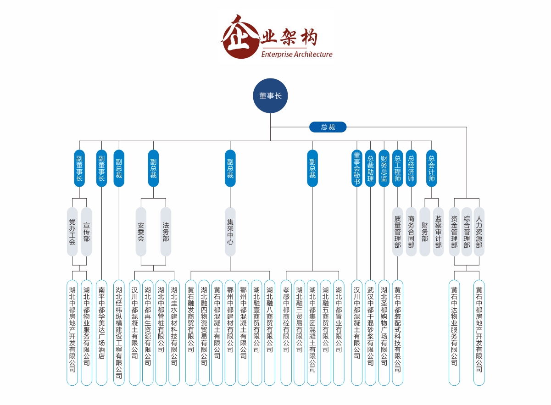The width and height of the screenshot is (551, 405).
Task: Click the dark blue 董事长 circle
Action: (270, 96)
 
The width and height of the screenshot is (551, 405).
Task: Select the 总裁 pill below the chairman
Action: (328, 127)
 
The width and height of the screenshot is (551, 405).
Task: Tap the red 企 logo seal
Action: (239, 38)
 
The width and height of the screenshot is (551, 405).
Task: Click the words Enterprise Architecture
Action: (296, 54)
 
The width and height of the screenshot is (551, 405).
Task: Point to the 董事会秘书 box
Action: (356, 168)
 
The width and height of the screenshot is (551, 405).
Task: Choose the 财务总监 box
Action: (384, 168)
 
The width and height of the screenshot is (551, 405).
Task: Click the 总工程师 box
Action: (398, 168)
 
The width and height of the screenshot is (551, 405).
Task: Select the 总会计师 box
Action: (431, 168)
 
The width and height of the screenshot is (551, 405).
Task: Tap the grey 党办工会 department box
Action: (72, 232)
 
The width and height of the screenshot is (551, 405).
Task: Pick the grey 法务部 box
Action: (166, 232)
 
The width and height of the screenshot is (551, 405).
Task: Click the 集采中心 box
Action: (230, 232)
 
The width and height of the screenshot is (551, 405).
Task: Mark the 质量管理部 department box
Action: (398, 232)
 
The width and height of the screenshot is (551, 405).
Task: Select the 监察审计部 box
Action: (438, 232)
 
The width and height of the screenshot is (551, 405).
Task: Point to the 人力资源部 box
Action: (479, 232)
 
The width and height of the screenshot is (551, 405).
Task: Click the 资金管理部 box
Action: (454, 232)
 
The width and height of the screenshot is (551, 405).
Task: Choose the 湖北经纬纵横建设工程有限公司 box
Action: (119, 333)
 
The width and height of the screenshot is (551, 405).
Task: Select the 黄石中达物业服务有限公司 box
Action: (454, 333)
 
